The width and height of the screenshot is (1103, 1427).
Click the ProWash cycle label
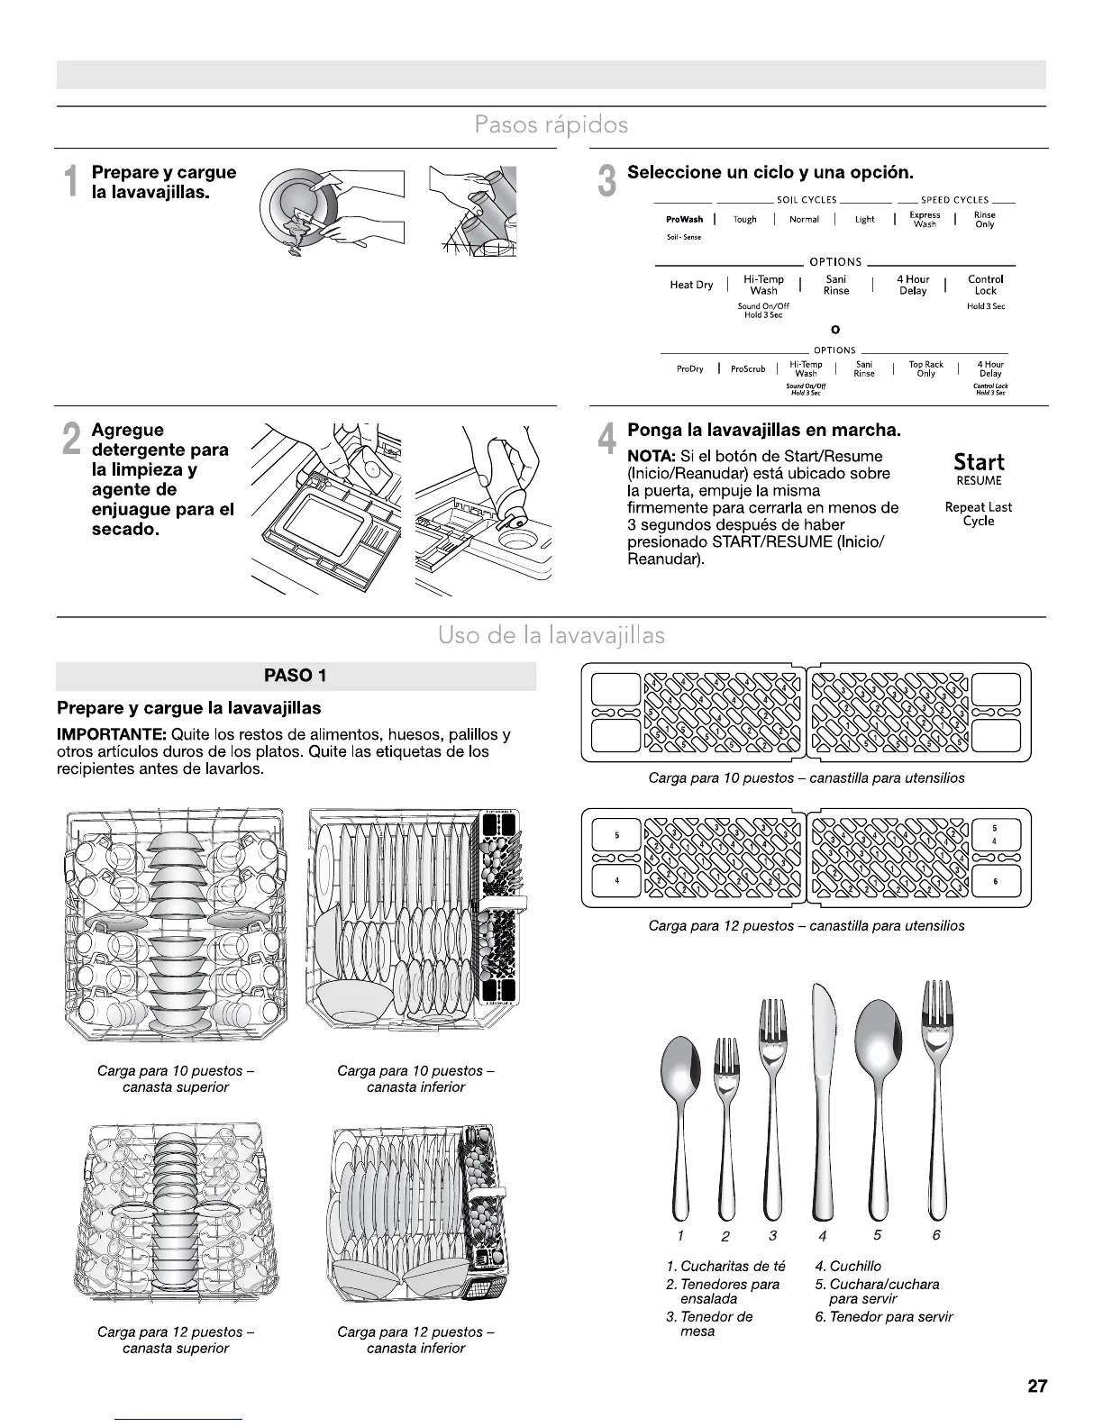[x=684, y=219]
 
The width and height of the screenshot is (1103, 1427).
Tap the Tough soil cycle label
[x=744, y=219]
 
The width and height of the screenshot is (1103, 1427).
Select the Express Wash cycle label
[x=925, y=220]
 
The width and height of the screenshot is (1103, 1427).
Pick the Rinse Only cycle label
[x=984, y=220]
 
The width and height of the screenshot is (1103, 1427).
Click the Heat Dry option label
[x=691, y=286]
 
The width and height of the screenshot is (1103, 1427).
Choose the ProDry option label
[x=689, y=369]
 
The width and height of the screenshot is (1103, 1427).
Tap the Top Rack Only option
[x=925, y=369]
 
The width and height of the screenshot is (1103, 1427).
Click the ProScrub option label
[x=748, y=369]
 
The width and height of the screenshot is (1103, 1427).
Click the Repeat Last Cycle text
[x=978, y=514]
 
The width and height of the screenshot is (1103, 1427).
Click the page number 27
[x=1037, y=1386]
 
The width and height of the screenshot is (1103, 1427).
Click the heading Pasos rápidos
[x=551, y=124]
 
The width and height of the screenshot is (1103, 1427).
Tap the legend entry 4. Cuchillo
[x=847, y=1267]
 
